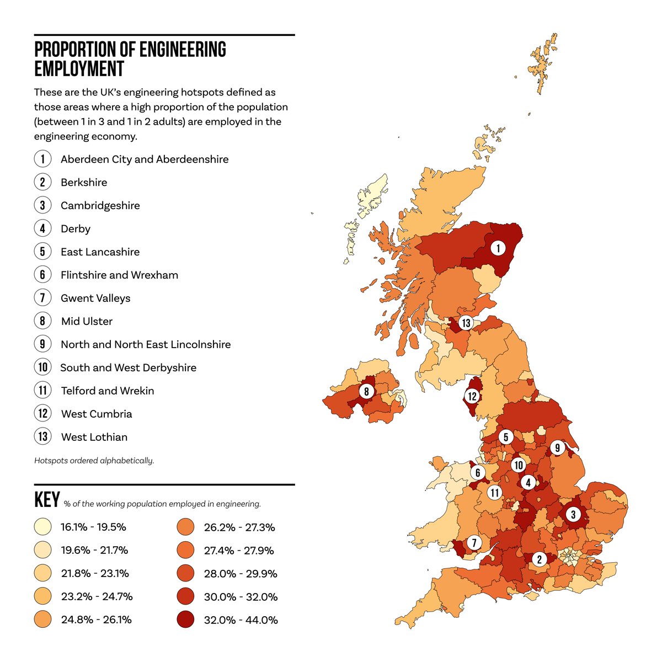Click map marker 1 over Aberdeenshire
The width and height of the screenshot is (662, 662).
[x=498, y=248]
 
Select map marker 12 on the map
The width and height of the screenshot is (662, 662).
[x=472, y=396]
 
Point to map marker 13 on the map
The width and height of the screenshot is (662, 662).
[x=466, y=323]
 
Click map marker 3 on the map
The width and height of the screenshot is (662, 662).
[x=573, y=515]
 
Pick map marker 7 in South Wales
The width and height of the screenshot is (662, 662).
[x=474, y=542]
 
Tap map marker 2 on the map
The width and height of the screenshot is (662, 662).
[x=539, y=559]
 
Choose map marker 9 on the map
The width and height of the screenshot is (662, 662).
[x=557, y=447]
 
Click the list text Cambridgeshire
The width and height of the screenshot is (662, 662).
[x=100, y=206]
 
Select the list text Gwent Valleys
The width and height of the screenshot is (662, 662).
[x=95, y=298]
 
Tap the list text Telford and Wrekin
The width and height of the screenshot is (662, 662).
[x=108, y=391]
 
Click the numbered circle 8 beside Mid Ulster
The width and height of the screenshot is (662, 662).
[x=42, y=321]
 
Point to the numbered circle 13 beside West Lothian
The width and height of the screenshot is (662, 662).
[x=42, y=437]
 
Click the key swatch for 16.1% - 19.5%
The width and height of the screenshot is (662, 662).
[x=42, y=527]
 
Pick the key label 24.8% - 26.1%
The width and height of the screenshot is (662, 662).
[x=96, y=620]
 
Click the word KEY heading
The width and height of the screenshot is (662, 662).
[x=47, y=500]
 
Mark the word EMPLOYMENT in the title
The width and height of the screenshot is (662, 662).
[x=79, y=69]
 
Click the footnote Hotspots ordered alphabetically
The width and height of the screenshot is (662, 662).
[x=94, y=461]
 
